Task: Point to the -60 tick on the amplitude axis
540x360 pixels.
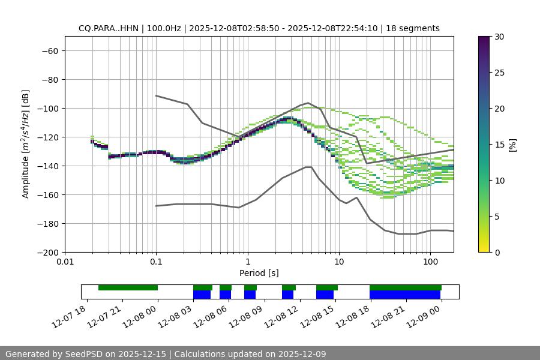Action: (49, 50)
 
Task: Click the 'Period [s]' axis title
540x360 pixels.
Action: (259, 273)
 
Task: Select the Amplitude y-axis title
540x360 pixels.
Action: (26, 144)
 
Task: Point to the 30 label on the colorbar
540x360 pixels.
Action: (499, 37)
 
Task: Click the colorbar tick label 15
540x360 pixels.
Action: (499, 145)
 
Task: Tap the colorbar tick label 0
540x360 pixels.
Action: (497, 253)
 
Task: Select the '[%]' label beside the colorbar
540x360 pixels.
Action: (512, 145)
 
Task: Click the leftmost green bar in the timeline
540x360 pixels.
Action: (128, 287)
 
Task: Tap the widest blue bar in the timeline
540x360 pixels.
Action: (405, 295)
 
